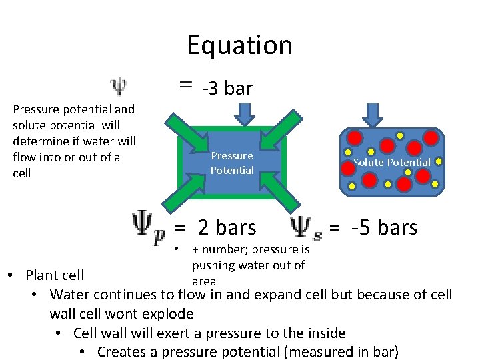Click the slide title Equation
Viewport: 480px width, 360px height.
click(x=239, y=45)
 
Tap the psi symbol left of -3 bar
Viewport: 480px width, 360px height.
click(x=118, y=87)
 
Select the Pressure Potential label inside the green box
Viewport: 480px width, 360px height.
click(x=231, y=163)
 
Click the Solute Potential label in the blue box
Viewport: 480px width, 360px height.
click(x=391, y=162)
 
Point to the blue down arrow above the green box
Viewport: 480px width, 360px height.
click(x=245, y=114)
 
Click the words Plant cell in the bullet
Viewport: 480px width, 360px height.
click(x=55, y=275)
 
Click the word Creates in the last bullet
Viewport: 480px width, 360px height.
click(x=121, y=351)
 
